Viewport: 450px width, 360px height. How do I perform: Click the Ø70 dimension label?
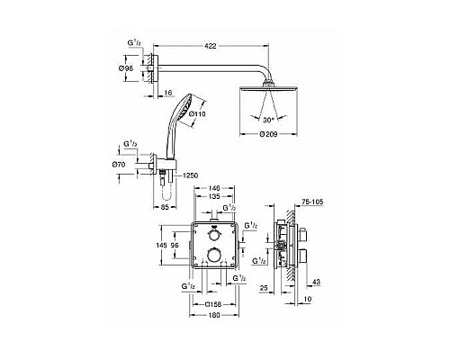click(x=128, y=165)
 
